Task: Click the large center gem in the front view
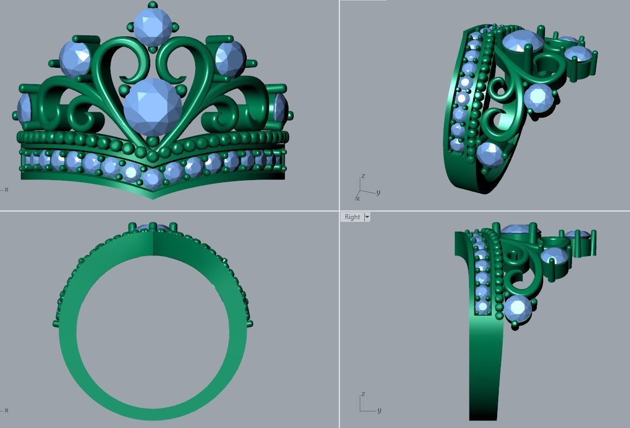(153, 107)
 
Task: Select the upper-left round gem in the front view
(75, 58)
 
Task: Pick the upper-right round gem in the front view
(230, 58)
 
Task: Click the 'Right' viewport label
(352, 217)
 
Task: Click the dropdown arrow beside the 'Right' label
(367, 217)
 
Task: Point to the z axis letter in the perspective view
(363, 176)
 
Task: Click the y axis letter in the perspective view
(378, 192)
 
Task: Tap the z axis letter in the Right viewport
(363, 394)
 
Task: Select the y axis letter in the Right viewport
(378, 411)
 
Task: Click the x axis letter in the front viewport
(6, 189)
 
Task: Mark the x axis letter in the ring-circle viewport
(6, 410)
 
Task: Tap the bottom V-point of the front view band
(152, 196)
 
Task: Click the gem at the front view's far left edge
(24, 108)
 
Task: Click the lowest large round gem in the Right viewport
(517, 308)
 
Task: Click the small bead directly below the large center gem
(152, 142)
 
